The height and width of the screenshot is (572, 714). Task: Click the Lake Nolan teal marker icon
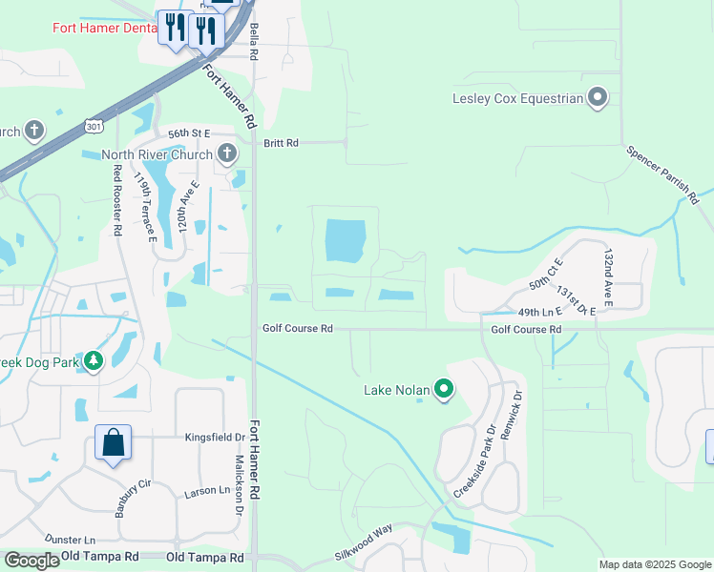[x=444, y=389]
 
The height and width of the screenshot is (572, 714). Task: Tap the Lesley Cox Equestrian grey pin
[x=598, y=97]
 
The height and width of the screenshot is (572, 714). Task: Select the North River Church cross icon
[x=227, y=153]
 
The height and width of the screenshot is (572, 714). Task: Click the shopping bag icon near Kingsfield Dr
[x=113, y=443]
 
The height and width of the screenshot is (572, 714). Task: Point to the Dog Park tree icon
[x=94, y=360]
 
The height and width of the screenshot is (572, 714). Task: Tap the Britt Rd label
[x=281, y=143]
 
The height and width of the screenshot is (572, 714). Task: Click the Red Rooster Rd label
[x=117, y=200]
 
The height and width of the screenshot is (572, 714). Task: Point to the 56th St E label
[x=188, y=134]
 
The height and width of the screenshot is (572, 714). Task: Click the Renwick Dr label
[x=515, y=407]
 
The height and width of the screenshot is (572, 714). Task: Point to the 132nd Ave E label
[x=608, y=278]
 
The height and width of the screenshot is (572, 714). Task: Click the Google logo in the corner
[x=31, y=561]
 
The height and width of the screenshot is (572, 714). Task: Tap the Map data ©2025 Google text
[x=655, y=564]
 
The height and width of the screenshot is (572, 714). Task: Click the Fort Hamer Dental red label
[x=100, y=28]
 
